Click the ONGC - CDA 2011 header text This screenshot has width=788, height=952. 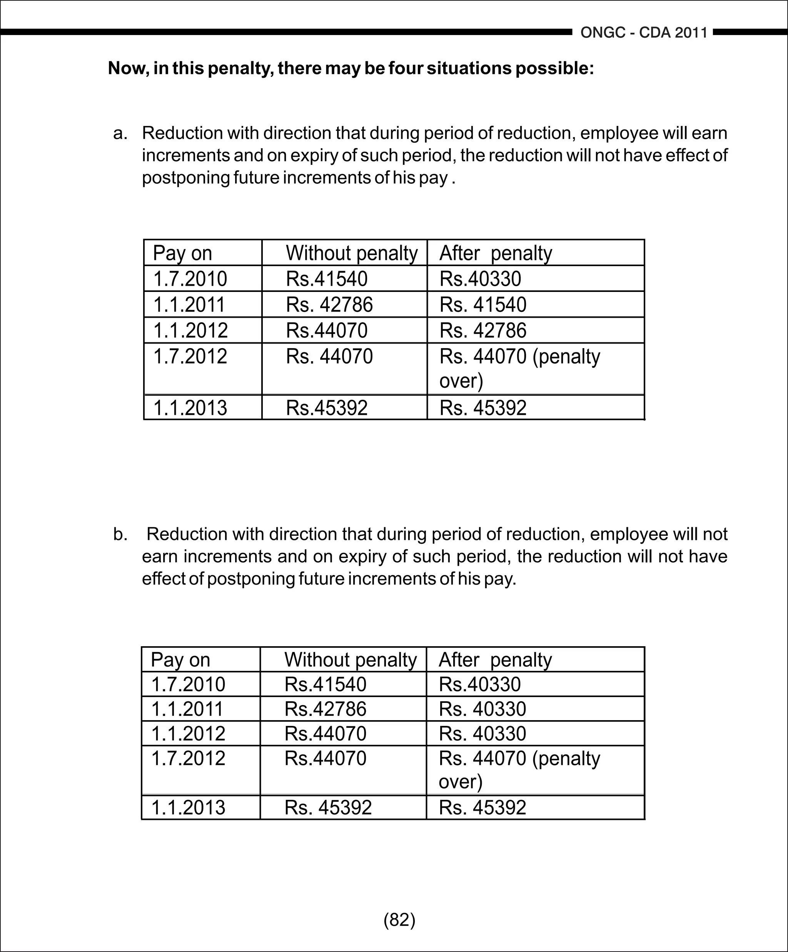coord(644,33)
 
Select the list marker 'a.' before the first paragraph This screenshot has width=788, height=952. coord(120,133)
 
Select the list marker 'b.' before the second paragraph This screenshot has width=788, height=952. coord(120,535)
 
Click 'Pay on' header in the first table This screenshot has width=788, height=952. coord(182,253)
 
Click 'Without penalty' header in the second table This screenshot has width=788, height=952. coord(350,660)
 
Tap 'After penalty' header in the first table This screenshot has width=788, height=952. coord(496,253)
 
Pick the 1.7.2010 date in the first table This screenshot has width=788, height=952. coord(190,279)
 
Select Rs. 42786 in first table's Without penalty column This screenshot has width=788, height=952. coord(329,305)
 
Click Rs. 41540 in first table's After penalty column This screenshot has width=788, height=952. coord(483,305)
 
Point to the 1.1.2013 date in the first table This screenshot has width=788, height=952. coord(190,407)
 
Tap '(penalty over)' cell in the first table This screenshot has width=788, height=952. coord(519,368)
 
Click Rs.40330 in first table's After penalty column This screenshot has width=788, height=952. coord(480,279)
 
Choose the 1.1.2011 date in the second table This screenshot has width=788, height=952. coord(187,709)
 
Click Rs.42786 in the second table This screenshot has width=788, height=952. coord(325,709)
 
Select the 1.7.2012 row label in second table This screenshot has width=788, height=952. coord(188,758)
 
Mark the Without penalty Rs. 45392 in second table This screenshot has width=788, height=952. coord(328,807)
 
